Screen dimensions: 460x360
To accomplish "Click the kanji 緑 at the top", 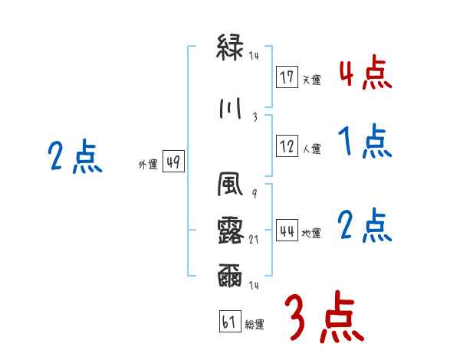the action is [232, 48].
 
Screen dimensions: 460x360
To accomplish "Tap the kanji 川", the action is [232, 108].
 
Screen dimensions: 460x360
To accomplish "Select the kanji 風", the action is [232, 186].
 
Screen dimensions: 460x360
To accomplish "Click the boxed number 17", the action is [287, 77].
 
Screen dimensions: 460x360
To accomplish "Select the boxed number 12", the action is [287, 147].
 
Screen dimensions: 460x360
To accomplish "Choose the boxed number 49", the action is [173, 162].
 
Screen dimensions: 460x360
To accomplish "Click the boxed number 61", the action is [229, 322].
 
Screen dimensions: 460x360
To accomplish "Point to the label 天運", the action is [311, 79].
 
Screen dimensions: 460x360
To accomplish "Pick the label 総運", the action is [255, 324].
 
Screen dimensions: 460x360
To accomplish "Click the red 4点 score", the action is [365, 73].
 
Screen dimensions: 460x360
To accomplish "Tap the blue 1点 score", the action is [365, 142].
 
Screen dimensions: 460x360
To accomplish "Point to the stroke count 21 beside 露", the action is [255, 240].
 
